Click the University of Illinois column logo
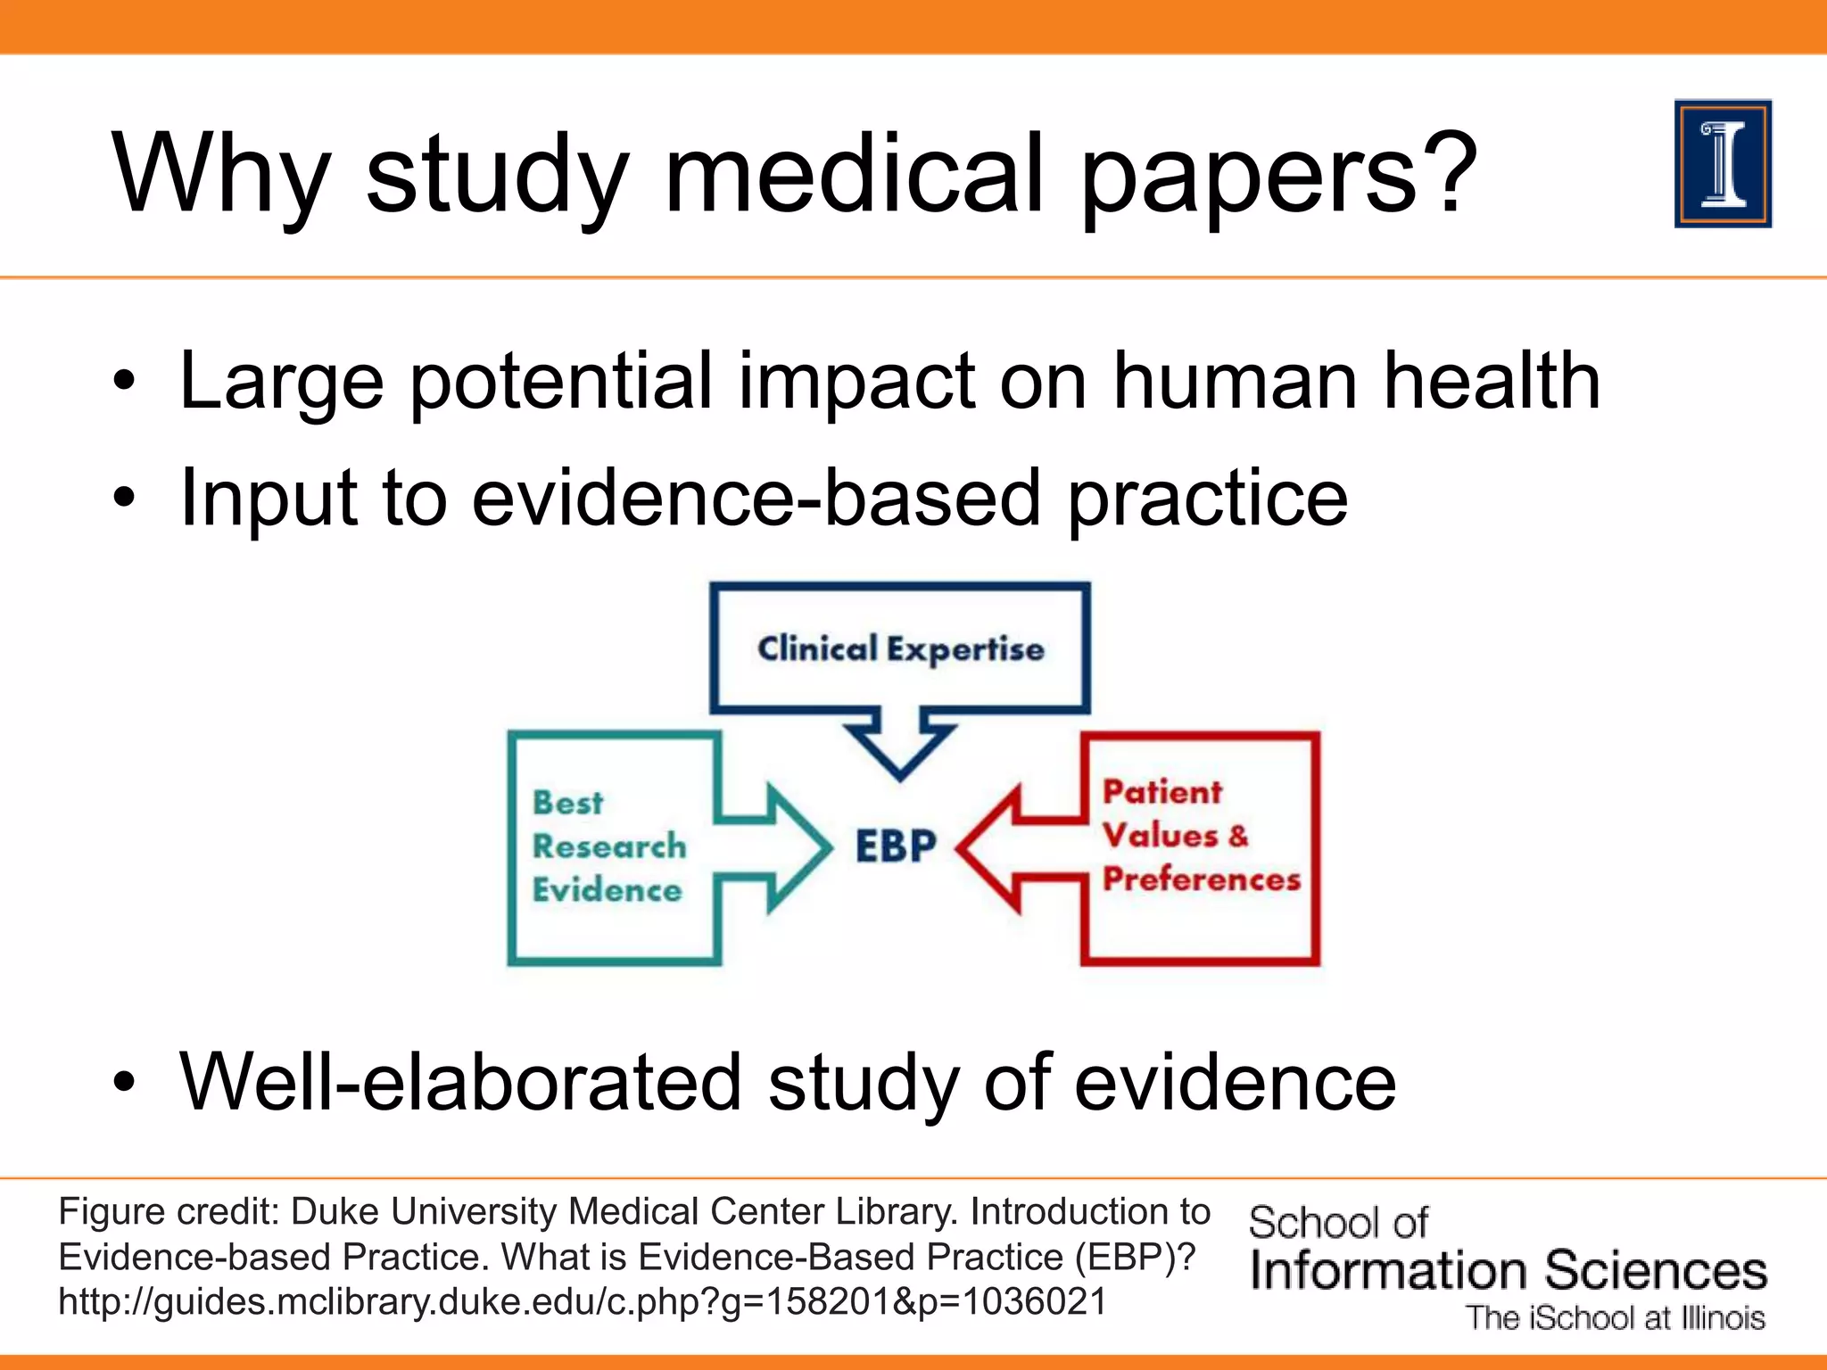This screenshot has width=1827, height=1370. coord(1723,164)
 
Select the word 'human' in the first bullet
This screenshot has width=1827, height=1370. coord(1236,382)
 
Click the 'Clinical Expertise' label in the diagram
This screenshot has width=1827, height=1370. coord(900,649)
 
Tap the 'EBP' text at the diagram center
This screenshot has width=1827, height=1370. coord(896,846)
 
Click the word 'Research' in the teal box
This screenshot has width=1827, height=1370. coord(609,846)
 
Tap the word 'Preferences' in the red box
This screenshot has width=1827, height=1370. coord(1201,879)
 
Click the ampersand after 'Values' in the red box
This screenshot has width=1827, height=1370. coord(1238,836)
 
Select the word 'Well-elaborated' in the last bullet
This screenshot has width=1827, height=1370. coord(460,1082)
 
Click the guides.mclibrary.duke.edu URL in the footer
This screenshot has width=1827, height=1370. coord(582,1302)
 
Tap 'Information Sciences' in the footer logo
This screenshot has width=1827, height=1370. coord(1508,1270)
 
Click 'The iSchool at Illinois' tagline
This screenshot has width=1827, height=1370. coord(1615,1318)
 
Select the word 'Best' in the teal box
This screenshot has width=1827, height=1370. coord(568,802)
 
